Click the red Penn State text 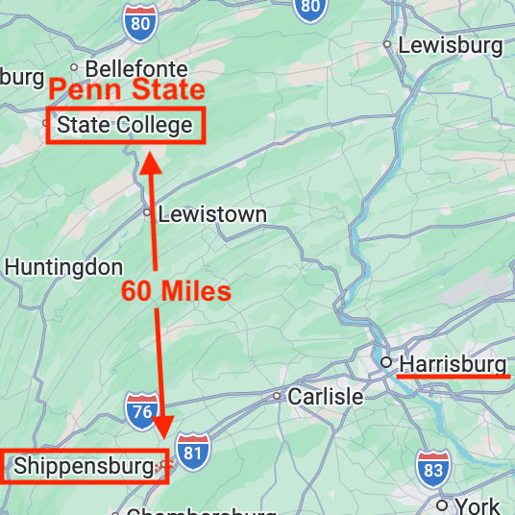[x=127, y=91]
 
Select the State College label [x=125, y=126]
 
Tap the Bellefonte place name [x=136, y=69]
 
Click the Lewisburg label [x=450, y=45]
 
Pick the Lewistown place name [x=212, y=214]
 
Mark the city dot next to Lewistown [x=147, y=212]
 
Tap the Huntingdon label [x=63, y=267]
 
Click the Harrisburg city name [x=453, y=364]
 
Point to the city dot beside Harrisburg [x=385, y=362]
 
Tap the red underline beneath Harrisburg [x=453, y=378]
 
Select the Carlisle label [x=326, y=397]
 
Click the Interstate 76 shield [x=141, y=410]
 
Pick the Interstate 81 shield [x=193, y=452]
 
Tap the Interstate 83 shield [x=431, y=468]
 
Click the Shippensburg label [x=84, y=467]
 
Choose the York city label [x=478, y=505]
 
